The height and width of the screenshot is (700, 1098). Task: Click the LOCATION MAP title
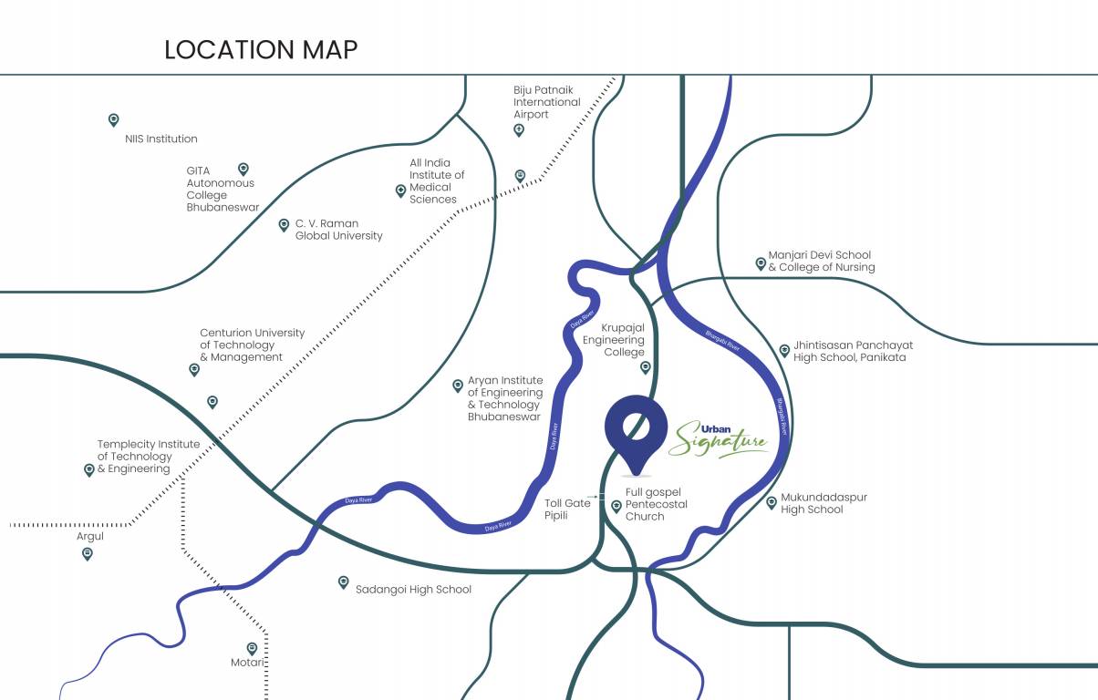[261, 49]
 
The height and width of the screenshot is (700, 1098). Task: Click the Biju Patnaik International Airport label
[546, 102]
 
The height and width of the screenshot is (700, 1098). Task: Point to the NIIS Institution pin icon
[114, 119]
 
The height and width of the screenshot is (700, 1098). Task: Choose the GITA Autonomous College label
[223, 189]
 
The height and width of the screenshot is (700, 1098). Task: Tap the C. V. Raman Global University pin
[284, 224]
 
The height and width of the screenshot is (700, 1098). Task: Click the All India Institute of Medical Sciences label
[437, 181]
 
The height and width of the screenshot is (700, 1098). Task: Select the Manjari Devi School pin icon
[761, 263]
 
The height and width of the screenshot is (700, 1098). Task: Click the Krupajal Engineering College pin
[646, 367]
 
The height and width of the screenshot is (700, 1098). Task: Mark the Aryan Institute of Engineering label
[505, 398]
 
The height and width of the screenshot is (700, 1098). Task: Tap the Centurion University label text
[253, 345]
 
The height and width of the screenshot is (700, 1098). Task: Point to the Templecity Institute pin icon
[89, 469]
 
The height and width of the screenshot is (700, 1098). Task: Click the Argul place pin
[88, 552]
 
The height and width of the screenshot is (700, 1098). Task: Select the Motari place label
[247, 663]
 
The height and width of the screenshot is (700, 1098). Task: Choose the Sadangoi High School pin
[344, 582]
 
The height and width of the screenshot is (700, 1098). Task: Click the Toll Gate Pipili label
[567, 509]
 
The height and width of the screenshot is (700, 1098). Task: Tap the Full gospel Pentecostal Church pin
[616, 505]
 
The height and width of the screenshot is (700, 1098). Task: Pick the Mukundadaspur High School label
[823, 503]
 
